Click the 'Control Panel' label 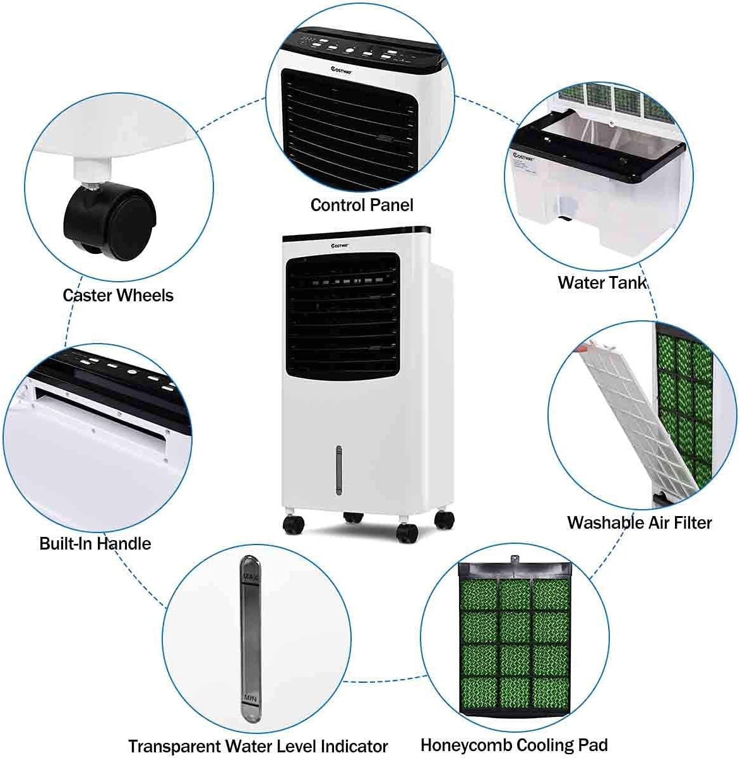[x=362, y=205]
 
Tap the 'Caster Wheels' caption [x=118, y=295]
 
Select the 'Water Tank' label [x=602, y=282]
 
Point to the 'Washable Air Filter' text [x=639, y=522]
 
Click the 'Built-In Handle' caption [x=95, y=543]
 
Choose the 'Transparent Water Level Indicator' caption [x=258, y=745]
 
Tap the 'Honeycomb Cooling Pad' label [x=514, y=745]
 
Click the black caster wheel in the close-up [x=110, y=219]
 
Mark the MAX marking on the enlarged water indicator [x=249, y=577]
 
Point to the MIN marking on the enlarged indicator [x=249, y=697]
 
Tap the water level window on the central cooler [x=338, y=470]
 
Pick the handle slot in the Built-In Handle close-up [x=101, y=414]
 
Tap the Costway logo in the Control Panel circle [x=342, y=72]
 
